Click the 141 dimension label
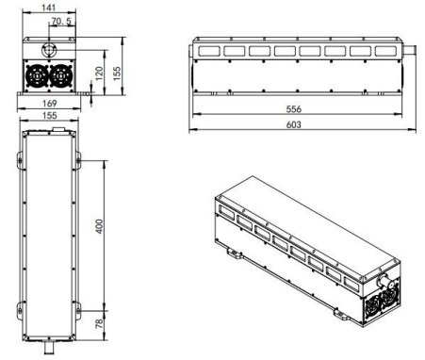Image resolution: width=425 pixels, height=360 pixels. point(48,8)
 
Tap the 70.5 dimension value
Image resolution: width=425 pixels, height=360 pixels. point(61,22)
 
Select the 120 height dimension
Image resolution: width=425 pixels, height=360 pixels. point(99,74)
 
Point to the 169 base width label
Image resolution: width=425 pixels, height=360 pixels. point(50,104)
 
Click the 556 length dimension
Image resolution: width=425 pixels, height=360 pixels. point(294,109)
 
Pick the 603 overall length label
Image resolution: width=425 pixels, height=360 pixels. point(294,124)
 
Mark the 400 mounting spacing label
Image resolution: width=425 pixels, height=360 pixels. point(99,226)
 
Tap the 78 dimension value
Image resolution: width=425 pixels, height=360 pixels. point(99,323)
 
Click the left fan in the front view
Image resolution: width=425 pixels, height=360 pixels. point(37,76)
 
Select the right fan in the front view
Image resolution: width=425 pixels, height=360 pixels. point(61,76)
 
